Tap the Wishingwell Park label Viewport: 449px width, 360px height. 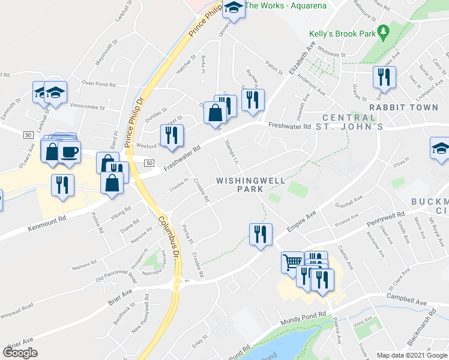[x=240, y=184]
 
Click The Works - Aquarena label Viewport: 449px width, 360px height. [x=286, y=6]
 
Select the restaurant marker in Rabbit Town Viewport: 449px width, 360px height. [x=382, y=76]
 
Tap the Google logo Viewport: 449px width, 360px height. [x=20, y=353]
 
